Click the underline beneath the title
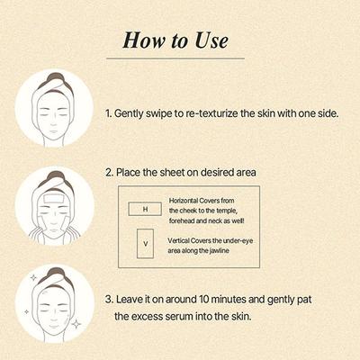pyautogui.click(x=180, y=61)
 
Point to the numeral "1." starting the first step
pyautogui.click(x=109, y=115)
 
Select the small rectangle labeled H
pyautogui.click(x=144, y=209)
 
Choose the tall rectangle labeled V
pyautogui.click(x=144, y=244)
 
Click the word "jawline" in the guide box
pyautogui.click(x=235, y=252)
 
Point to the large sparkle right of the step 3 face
pyautogui.click(x=77, y=322)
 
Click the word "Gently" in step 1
pyautogui.click(x=133, y=115)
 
